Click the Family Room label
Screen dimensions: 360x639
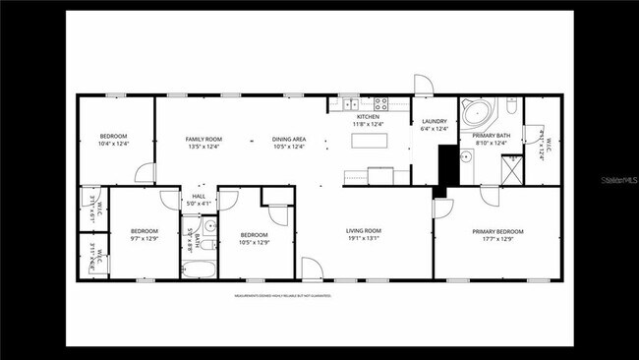click(x=204, y=139)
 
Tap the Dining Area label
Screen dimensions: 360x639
click(x=289, y=139)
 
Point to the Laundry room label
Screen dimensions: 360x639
click(x=434, y=121)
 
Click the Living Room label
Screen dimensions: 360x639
click(x=363, y=231)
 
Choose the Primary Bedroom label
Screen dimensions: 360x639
click(x=497, y=231)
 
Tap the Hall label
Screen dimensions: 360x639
click(x=200, y=196)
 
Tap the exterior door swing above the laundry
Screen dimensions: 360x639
click(x=422, y=85)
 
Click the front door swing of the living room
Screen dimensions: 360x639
click(x=311, y=267)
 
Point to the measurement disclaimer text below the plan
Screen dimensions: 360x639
click(x=282, y=295)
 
